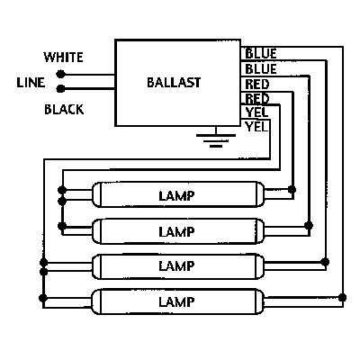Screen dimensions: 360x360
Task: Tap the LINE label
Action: [x=31, y=83]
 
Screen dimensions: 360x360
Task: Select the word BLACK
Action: [x=63, y=110]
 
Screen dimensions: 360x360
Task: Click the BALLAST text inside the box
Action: [x=173, y=83]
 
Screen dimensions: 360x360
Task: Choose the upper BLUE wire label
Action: [x=261, y=54]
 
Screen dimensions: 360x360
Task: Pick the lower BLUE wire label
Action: [x=261, y=69]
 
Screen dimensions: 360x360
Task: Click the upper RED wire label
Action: [x=257, y=84]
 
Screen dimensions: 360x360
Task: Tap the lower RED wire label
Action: [x=257, y=98]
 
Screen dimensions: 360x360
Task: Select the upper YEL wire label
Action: [x=256, y=112]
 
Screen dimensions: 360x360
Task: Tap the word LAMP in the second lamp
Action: [x=176, y=231]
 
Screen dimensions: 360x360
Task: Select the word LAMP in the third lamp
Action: [x=176, y=266]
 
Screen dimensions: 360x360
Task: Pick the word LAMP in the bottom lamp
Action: [x=176, y=301]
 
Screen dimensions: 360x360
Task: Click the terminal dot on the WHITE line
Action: [x=60, y=75]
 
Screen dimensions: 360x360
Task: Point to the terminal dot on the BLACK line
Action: [x=60, y=89]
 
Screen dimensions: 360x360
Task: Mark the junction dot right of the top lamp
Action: [x=292, y=190]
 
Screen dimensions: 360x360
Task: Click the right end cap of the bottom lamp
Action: [x=265, y=300]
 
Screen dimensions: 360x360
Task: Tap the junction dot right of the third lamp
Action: [x=326, y=261]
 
